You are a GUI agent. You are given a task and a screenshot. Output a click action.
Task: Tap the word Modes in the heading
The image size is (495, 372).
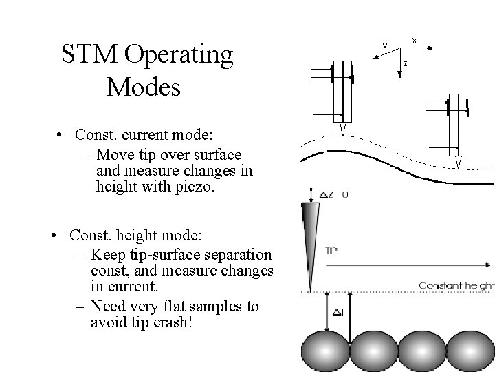pos(144,87)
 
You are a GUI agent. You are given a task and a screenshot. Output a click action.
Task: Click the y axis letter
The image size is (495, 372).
pos(384,45)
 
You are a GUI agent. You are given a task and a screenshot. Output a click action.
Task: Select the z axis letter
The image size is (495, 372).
pos(405,64)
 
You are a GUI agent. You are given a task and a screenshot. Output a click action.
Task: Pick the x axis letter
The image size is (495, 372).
pos(414,39)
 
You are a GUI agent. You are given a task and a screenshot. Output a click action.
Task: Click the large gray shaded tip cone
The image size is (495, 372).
pos(311,234)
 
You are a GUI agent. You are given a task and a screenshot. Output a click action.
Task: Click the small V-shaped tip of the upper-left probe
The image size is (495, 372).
pos(342,129)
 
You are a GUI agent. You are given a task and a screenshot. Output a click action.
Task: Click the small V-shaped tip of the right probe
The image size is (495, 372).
pos(458,162)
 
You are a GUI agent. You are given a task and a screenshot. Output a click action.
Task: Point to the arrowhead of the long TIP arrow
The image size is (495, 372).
pos(489,263)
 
